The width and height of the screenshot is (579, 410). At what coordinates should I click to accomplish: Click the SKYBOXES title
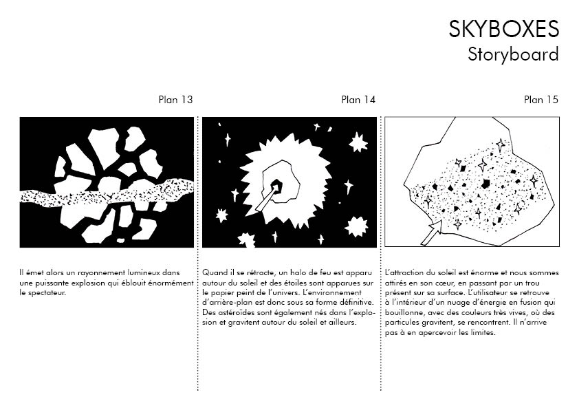tap(503, 29)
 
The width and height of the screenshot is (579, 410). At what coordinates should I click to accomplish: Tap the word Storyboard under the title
tap(513, 54)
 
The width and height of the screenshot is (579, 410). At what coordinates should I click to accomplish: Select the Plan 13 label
tap(175, 100)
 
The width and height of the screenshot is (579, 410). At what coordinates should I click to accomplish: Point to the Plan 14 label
tap(358, 100)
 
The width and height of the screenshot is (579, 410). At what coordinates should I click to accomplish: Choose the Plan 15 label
tap(541, 100)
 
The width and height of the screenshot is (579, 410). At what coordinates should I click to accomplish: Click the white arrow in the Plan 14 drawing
tap(267, 198)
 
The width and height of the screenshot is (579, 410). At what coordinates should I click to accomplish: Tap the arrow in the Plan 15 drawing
tap(432, 233)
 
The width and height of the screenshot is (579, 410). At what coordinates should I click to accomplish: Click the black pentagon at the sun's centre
tap(276, 186)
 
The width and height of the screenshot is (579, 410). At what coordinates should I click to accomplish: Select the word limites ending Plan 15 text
tap(483, 332)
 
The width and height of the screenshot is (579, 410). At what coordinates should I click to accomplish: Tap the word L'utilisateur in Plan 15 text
tap(492, 293)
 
